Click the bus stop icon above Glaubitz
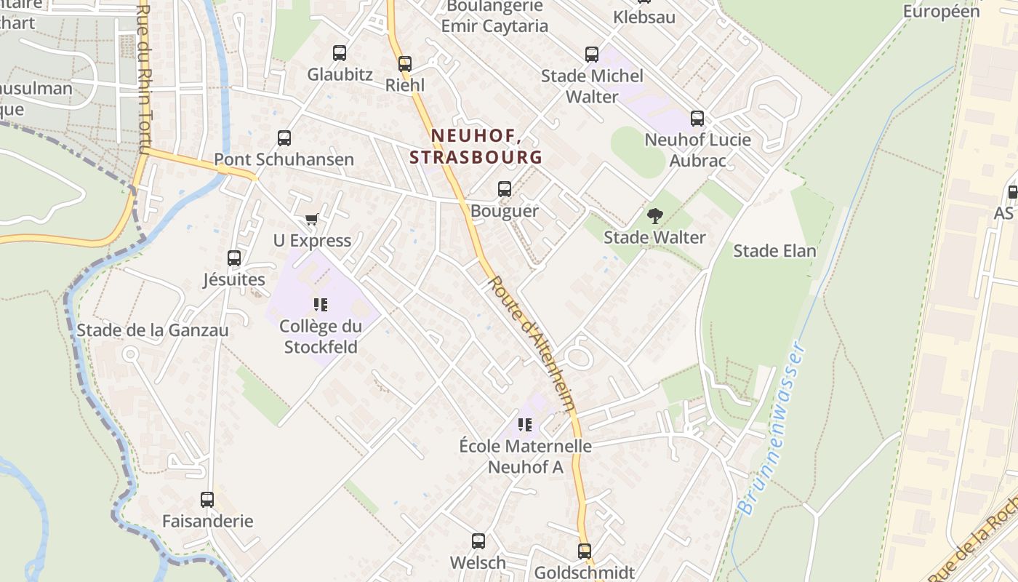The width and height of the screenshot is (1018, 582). (340, 53)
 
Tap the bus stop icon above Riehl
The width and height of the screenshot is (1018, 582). (405, 64)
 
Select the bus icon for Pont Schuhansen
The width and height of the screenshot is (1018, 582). (284, 138)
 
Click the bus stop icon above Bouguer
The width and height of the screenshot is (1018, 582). (505, 189)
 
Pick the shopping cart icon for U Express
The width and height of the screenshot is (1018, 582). (312, 219)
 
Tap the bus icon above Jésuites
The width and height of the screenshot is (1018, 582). (234, 258)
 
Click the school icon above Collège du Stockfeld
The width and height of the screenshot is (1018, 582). (321, 305)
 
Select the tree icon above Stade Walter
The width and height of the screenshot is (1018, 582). (655, 216)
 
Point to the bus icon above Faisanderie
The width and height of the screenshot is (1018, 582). (207, 500)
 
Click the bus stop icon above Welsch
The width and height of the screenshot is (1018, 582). (478, 541)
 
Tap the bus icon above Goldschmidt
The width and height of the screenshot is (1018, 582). (585, 551)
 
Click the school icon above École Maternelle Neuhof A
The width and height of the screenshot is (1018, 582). (525, 425)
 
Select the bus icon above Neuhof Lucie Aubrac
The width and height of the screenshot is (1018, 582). (697, 118)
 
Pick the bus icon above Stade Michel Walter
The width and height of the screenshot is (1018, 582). (592, 55)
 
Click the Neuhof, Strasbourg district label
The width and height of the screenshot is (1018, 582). (476, 146)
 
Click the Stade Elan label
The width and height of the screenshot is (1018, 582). (774, 251)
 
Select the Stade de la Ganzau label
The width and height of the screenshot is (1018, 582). (153, 330)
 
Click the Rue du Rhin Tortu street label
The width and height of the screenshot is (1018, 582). (143, 80)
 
